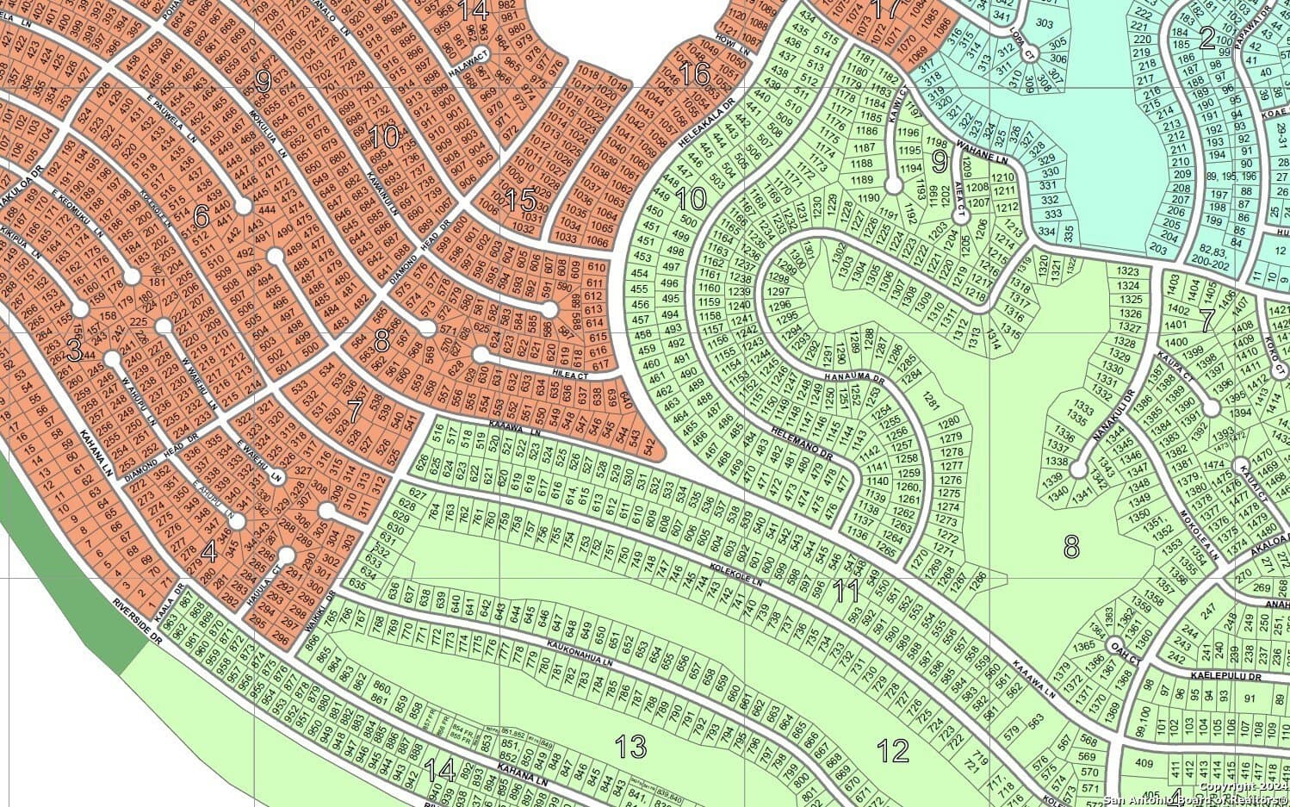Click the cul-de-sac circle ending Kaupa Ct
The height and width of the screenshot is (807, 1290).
pos(1212,408)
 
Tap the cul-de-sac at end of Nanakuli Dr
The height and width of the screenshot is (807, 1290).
pos(1077,470)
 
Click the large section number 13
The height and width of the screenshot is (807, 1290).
pos(632,746)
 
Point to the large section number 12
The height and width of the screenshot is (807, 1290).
pos(894,750)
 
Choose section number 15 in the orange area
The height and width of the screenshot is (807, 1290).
pos(520,201)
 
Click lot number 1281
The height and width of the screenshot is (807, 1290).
pos(929,400)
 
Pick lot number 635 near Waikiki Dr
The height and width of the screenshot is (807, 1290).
pos(359,585)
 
